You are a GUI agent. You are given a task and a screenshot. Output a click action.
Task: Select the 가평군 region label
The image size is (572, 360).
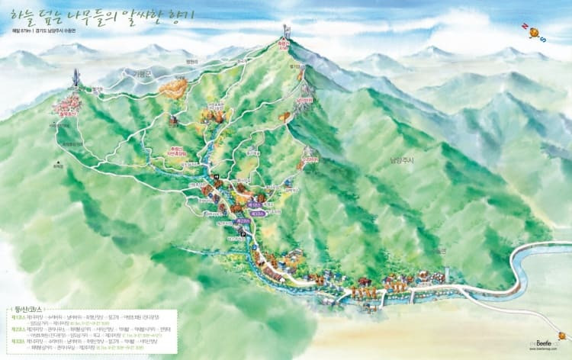140,72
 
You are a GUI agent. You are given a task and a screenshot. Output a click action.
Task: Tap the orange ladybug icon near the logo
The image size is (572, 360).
561,335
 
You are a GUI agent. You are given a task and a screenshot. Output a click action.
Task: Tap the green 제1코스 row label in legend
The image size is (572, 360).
19,313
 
